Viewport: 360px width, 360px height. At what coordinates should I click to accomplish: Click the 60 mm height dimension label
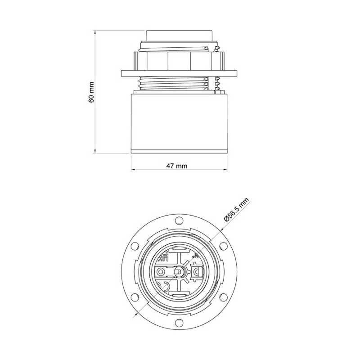91,92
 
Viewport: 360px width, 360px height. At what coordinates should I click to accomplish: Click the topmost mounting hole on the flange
179,220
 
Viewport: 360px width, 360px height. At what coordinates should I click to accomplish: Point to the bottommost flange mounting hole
179,322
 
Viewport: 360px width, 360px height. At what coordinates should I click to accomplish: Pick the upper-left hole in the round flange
135,246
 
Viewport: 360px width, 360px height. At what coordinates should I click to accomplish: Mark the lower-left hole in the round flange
135,297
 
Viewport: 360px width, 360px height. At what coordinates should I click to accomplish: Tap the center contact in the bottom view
179,271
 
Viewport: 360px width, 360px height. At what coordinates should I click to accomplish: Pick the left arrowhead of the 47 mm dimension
133,171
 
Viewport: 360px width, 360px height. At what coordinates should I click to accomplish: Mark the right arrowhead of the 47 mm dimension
225,171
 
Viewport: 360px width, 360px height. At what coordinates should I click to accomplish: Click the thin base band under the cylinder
179,150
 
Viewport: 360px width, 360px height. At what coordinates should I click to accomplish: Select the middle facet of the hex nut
179,60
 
